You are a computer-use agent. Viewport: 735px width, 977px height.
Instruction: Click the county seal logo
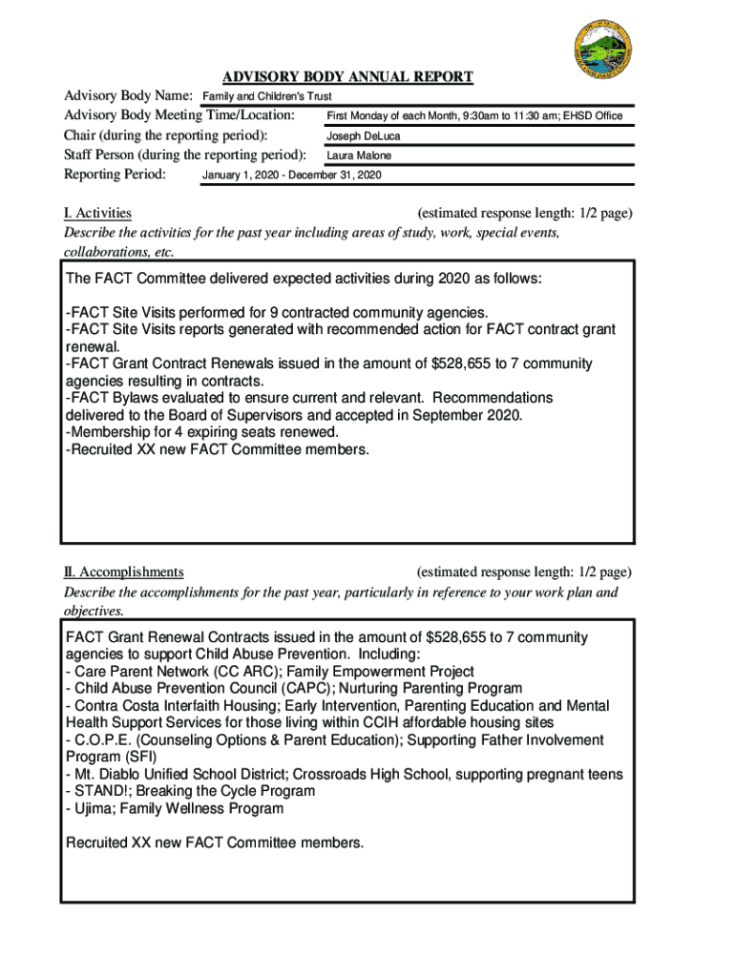pos(603,52)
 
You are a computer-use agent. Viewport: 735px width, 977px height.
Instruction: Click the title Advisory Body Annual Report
pos(347,77)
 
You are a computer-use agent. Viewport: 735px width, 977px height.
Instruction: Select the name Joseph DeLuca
pos(364,136)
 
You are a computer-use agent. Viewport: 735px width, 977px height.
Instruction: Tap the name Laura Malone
pos(359,156)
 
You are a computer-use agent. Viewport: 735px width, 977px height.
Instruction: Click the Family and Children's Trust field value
pos(266,97)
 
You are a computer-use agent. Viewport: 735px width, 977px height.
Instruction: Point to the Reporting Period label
pos(115,175)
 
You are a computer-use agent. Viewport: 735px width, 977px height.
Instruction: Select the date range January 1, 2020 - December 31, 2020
pos(292,176)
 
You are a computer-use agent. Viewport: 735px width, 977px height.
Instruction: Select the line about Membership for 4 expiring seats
pos(201,432)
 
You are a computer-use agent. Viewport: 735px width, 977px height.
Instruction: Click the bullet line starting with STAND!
pos(190,792)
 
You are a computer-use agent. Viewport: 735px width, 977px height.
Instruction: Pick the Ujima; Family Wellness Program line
pos(174,809)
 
